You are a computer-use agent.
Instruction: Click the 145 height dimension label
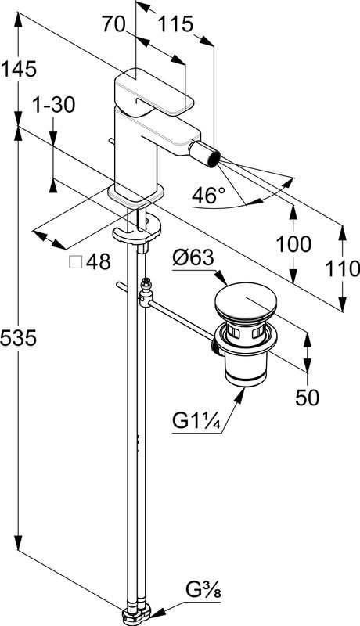pos(19,70)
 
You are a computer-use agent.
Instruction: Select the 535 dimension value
pos(19,338)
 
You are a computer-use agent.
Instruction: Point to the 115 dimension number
pos(175,24)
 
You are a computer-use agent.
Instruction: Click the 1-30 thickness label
pos(53,106)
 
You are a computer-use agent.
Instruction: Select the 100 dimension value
pos(293,243)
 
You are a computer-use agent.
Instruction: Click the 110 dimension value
pos(343,268)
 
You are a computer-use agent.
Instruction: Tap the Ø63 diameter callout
pos(193,258)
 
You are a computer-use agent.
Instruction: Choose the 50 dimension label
pos(308,398)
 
